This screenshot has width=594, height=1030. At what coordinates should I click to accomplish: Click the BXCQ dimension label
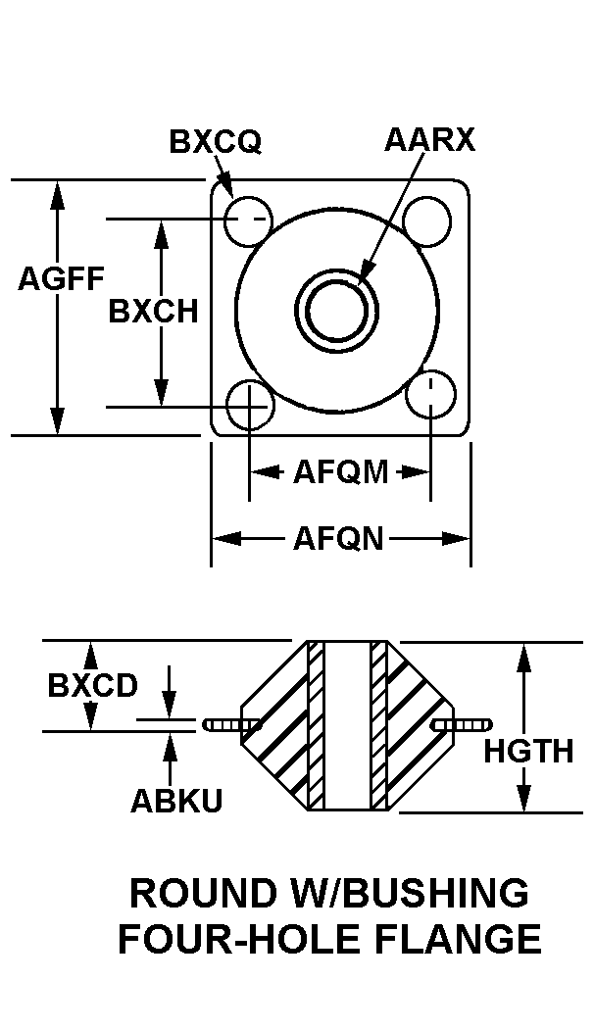[x=216, y=141]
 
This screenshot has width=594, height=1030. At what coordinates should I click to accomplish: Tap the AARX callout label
[x=429, y=140]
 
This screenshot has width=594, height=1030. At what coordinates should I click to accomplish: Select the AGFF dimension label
[x=61, y=278]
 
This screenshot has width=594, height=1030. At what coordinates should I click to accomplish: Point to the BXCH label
[x=153, y=311]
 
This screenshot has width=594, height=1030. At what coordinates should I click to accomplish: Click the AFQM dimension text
[x=341, y=471]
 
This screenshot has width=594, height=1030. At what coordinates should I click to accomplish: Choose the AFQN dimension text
[x=338, y=539]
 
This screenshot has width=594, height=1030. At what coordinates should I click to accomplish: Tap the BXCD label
[x=93, y=686]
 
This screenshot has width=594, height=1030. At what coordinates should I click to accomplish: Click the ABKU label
[x=176, y=800]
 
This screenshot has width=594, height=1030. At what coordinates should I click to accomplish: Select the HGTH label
[x=529, y=752]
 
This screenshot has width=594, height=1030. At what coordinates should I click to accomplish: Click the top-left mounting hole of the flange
[x=248, y=221]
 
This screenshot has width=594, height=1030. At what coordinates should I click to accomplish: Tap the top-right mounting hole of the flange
[x=427, y=221]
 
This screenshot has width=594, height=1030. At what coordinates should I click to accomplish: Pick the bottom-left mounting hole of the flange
[x=249, y=403]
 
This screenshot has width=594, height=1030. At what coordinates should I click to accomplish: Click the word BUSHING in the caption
[x=435, y=893]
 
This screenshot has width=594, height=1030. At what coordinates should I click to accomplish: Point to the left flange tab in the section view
[x=232, y=725]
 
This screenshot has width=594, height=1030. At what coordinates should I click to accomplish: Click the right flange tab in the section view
[x=464, y=725]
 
